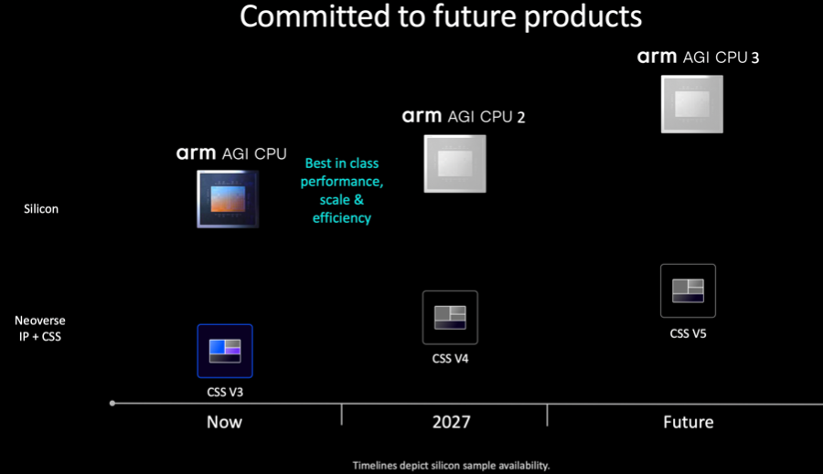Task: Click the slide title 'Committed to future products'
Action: pyautogui.click(x=441, y=16)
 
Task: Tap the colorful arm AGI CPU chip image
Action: pyautogui.click(x=228, y=199)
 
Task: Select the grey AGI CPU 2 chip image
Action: pyautogui.click(x=455, y=163)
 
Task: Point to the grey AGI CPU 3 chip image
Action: pyautogui.click(x=692, y=104)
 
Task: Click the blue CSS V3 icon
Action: pyautogui.click(x=225, y=351)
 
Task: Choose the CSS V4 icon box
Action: pyautogui.click(x=450, y=317)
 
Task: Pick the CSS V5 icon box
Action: pyautogui.click(x=688, y=290)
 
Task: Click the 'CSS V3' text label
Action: pyautogui.click(x=225, y=392)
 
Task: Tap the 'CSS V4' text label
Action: pyautogui.click(x=450, y=359)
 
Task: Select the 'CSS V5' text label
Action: pyautogui.click(x=688, y=333)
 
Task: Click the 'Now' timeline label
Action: pyautogui.click(x=224, y=422)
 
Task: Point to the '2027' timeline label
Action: pyautogui.click(x=452, y=422)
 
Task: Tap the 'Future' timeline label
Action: pyautogui.click(x=688, y=422)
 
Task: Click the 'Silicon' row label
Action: pyautogui.click(x=41, y=208)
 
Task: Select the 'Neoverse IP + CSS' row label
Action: pyautogui.click(x=40, y=328)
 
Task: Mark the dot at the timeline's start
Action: pyautogui.click(x=112, y=403)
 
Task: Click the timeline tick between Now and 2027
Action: pyautogui.click(x=342, y=415)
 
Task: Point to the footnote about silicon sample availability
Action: pyautogui.click(x=451, y=465)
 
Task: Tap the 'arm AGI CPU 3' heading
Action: pyautogui.click(x=698, y=57)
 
